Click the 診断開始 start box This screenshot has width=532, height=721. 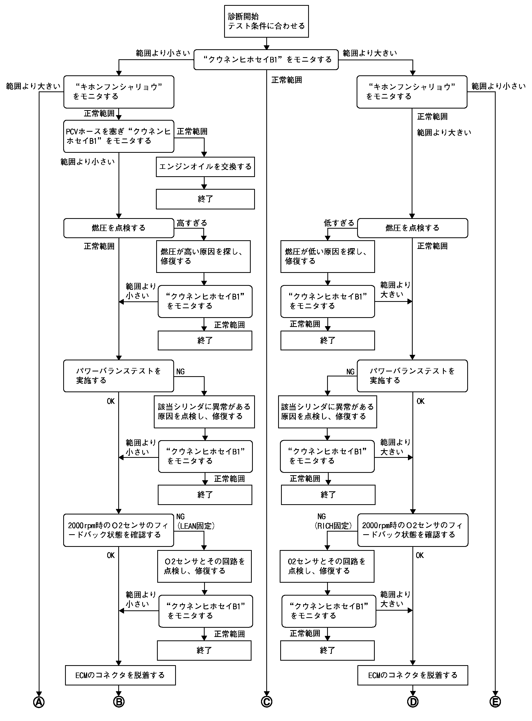pos(266,21)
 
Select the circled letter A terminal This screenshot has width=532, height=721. pos(39,702)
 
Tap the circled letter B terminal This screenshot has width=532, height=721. pos(119,702)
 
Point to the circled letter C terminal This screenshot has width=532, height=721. pos(267,702)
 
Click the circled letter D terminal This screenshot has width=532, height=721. pos(412,702)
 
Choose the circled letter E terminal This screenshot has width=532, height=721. pos(495,702)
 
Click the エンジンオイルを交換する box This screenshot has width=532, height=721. pos(205,167)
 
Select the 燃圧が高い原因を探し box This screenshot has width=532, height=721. pos(203,256)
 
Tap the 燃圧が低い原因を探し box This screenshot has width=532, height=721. pos(328,256)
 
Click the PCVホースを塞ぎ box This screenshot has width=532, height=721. pos(119,136)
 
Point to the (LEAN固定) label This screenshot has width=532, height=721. pos(196,526)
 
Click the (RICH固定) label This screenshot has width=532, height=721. pos(333,526)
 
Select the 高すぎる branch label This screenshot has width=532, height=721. pos(192,223)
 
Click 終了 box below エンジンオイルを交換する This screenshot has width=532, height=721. pos(205,199)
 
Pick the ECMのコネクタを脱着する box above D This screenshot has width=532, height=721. pos(412,675)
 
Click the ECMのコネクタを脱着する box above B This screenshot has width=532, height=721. pos(120,675)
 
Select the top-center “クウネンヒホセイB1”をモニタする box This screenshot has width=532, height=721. pos(266,60)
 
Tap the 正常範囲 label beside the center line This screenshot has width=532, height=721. pos(287,80)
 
